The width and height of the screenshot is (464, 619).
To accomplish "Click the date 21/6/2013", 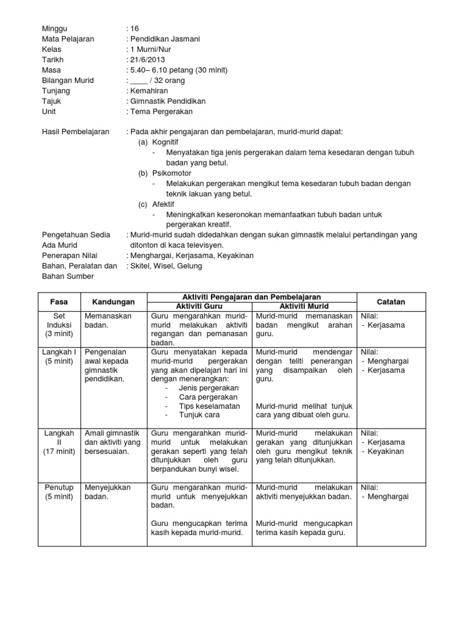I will [146, 60].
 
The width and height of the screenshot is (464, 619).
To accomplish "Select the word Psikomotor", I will [172, 173].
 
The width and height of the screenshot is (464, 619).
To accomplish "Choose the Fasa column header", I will [58, 301].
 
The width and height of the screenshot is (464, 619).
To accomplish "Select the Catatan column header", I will [391, 301].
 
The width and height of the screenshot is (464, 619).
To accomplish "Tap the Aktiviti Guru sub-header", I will [200, 306].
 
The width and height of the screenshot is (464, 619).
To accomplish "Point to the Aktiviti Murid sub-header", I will [304, 306].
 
